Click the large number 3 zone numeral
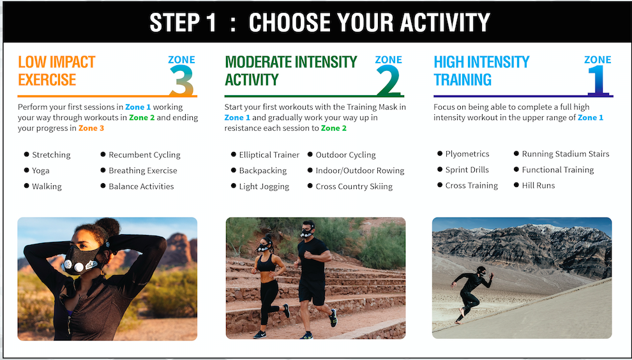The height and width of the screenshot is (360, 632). coord(182,80)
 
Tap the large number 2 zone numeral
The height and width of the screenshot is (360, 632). coord(389,80)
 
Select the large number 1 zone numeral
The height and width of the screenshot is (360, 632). coord(598,80)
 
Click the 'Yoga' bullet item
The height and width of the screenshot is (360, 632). coord(41,170)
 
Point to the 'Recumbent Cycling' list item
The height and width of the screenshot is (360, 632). coord(144,155)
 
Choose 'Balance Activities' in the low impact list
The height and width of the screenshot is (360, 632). coord(141,186)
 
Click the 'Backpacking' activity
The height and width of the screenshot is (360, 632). coord(263,170)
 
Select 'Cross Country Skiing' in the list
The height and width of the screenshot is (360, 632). coord(354,186)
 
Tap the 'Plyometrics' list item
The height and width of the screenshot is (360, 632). coord(467,154)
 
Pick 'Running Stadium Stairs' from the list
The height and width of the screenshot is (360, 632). coord(566,154)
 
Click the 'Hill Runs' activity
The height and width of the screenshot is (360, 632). coord(538,186)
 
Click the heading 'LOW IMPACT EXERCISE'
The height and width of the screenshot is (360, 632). coord(56,71)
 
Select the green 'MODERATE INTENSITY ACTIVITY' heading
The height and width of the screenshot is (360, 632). coord(291,71)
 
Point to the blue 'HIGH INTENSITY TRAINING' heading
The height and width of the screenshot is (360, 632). coord(481,71)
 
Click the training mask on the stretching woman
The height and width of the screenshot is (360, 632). coord(80,261)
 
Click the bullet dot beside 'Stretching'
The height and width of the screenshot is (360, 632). coord(27,154)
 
